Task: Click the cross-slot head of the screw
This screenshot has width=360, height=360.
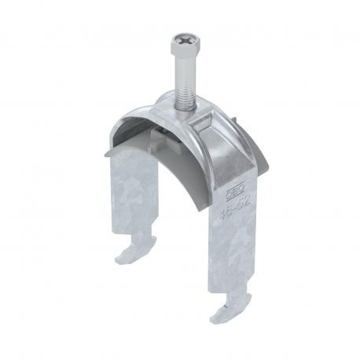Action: coord(182,39)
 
